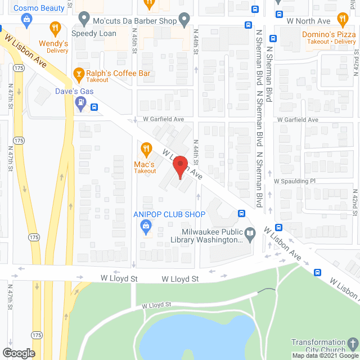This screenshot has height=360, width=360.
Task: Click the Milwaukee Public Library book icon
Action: pos(250,232)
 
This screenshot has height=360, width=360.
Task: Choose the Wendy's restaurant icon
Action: pos(55,27)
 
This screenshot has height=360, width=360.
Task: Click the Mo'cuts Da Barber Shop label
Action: pos(134,21)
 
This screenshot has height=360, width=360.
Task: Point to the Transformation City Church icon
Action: pos(352,343)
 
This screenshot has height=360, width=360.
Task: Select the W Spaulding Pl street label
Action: pos(295,181)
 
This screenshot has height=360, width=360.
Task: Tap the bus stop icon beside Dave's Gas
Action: pos(94,107)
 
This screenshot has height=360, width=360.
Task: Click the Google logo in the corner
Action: pos(19,353)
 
